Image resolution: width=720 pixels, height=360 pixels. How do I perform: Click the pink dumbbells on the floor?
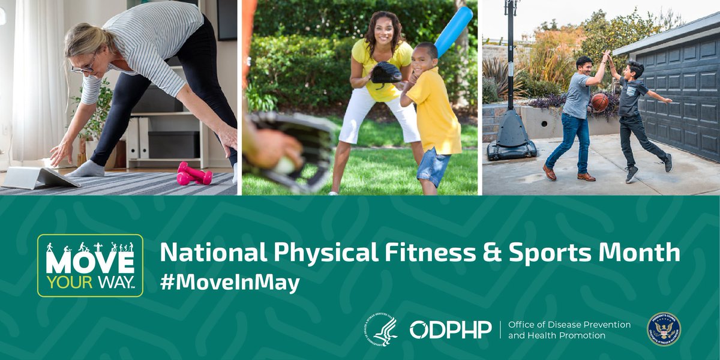click(194, 174)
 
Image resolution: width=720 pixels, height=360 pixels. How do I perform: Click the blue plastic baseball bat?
click(452, 32)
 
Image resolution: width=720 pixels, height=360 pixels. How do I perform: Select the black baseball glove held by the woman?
click(386, 73)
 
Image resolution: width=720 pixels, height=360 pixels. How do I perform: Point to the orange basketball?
click(599, 102)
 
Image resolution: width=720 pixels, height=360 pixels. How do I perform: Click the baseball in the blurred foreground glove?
click(284, 165)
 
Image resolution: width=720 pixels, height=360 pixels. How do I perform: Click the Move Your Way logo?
click(90, 265)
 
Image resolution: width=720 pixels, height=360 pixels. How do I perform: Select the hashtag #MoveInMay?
click(230, 283)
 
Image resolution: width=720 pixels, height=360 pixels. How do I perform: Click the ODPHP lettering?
click(450, 329)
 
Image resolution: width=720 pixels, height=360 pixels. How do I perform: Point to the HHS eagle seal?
click(380, 329)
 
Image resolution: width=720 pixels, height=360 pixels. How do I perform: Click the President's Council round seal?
click(664, 329)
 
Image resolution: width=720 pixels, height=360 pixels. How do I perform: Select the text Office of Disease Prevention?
click(569, 325)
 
